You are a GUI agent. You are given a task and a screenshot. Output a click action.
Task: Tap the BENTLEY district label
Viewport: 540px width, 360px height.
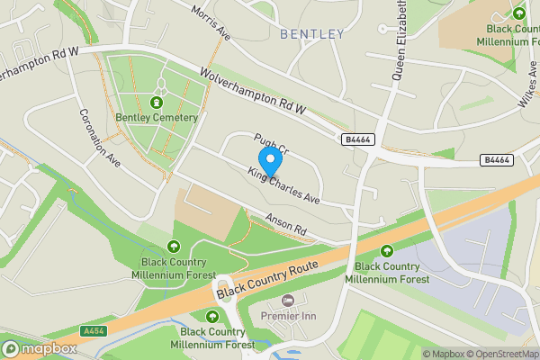coord(312,34)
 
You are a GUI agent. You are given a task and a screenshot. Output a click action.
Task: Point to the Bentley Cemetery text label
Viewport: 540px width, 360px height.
coord(157,118)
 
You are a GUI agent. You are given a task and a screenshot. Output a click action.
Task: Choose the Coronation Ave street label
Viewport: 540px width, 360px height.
coord(99,139)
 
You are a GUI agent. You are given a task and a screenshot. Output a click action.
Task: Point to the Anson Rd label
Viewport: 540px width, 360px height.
coord(287,225)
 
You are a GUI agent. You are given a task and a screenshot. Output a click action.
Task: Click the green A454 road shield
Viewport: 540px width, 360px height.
coord(94,331)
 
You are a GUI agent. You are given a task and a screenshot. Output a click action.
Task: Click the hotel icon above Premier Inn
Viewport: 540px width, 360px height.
coord(288,300)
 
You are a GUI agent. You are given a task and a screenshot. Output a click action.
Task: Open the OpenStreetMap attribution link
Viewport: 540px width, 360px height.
coord(501,354)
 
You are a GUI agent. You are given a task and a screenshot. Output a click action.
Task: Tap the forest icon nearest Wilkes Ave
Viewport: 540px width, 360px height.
coord(518,13)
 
